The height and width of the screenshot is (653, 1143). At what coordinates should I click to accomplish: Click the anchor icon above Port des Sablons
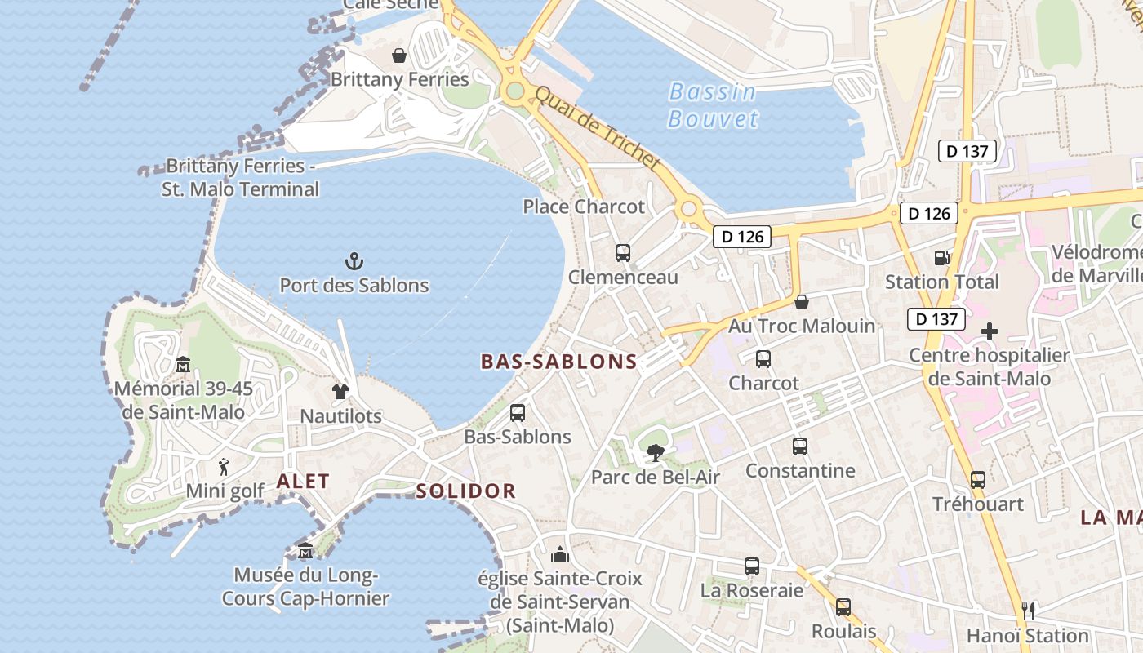tap(354, 261)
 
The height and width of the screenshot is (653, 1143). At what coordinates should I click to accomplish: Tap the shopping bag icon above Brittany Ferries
tap(399, 56)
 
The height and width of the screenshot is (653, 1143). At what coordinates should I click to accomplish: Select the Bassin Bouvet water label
tap(712, 105)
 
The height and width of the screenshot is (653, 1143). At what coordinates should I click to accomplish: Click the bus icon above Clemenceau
tap(623, 253)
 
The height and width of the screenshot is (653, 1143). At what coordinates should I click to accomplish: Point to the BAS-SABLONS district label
tap(558, 362)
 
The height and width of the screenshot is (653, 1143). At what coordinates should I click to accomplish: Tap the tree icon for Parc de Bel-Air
tap(655, 453)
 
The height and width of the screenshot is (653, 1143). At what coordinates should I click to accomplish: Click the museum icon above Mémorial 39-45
tap(183, 364)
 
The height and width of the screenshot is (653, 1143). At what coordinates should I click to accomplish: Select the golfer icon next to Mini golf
tap(225, 467)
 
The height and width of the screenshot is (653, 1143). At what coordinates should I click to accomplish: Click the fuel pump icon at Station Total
tap(941, 258)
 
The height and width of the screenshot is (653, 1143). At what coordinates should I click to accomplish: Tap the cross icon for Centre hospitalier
tap(990, 331)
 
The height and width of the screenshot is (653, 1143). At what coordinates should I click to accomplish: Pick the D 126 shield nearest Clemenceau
tap(743, 237)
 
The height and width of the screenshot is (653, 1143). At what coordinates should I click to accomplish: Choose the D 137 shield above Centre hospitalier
tap(936, 318)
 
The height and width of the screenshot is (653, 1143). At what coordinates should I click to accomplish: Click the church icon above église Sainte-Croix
tap(560, 555)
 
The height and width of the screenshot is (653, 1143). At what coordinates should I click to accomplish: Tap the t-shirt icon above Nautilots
tap(340, 392)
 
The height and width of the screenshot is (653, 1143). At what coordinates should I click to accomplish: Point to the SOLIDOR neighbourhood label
tap(466, 491)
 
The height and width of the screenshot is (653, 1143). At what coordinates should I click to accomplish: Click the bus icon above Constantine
tap(800, 446)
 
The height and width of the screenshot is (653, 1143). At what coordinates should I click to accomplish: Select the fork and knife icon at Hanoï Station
tap(1028, 611)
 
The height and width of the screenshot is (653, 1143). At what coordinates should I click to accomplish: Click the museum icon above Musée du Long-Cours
tap(305, 551)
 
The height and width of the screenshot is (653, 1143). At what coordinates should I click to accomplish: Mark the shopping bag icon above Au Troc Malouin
tap(802, 302)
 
